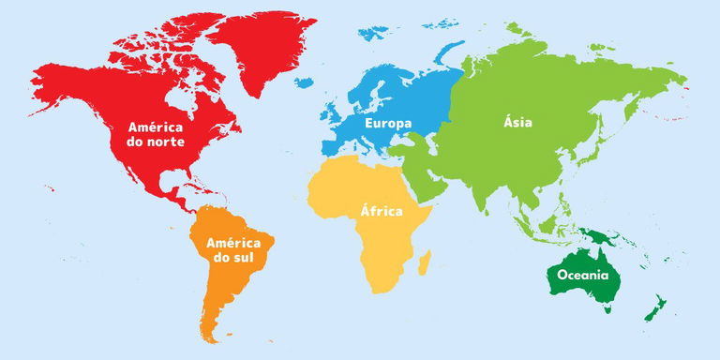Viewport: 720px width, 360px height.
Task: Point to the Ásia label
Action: point(517,123)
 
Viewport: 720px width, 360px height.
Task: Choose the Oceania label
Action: point(583,275)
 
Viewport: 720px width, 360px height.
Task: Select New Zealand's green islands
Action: point(657,306)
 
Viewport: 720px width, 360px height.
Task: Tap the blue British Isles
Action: point(333,111)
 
